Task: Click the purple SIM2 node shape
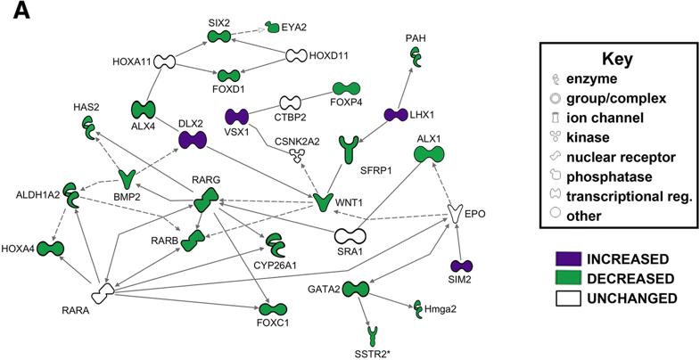click(x=461, y=266)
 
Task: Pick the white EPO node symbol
click(x=457, y=214)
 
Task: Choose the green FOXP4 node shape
click(x=345, y=89)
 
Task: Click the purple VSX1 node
click(x=237, y=117)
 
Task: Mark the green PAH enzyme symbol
click(x=416, y=57)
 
